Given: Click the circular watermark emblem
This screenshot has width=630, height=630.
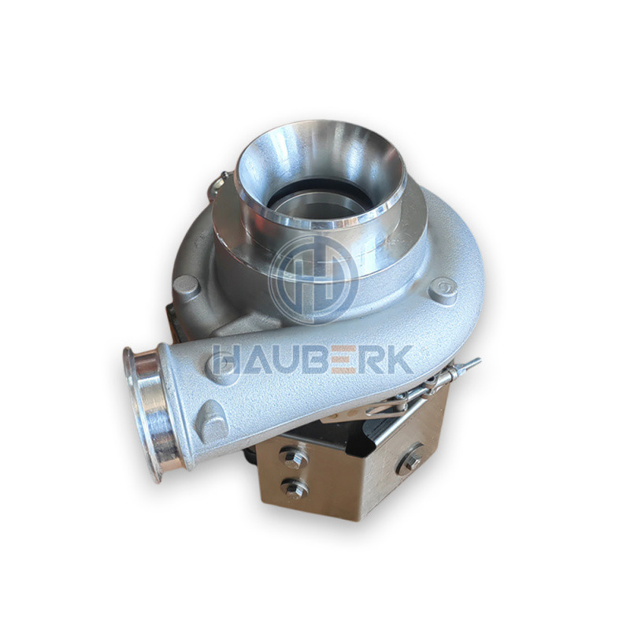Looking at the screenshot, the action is click(313, 280).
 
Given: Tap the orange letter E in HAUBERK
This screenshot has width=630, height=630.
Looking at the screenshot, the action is click(345, 359).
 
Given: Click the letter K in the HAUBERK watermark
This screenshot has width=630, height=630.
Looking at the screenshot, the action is click(398, 359).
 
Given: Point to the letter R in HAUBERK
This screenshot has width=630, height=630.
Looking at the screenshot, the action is click(371, 359).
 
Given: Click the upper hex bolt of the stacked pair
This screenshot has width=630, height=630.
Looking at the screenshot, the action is click(294, 458).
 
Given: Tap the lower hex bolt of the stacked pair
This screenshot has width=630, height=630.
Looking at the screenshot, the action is click(295, 488).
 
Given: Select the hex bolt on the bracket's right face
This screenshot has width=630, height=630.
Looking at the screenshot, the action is click(410, 460).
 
